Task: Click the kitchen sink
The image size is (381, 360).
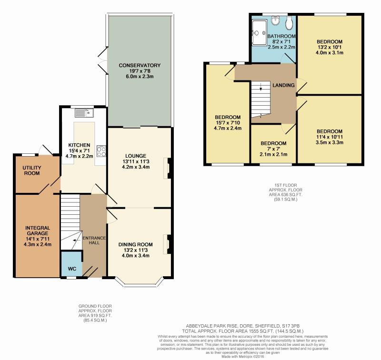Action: [x=84, y=113]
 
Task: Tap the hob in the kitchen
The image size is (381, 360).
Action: [x=101, y=151]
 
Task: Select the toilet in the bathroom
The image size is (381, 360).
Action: [x=289, y=23]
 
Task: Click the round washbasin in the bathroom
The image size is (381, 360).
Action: [x=275, y=20]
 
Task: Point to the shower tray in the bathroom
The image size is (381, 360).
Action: [x=259, y=32]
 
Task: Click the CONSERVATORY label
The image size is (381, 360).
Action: [x=140, y=65]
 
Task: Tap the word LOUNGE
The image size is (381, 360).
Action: [x=136, y=156]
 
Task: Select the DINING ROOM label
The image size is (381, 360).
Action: [x=136, y=244]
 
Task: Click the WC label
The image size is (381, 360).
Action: [x=72, y=269]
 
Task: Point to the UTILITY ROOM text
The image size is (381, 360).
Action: [x=32, y=170]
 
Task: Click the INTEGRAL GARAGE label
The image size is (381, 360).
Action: [x=38, y=230]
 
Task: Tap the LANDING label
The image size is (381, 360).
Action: [x=283, y=85]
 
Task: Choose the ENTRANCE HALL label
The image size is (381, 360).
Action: [x=94, y=240]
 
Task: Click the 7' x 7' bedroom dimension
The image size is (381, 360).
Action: [x=273, y=149]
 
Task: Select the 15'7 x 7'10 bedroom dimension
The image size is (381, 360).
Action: [x=228, y=123]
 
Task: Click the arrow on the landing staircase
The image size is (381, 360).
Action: [x=261, y=87]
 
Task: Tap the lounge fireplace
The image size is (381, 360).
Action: [x=168, y=169]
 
